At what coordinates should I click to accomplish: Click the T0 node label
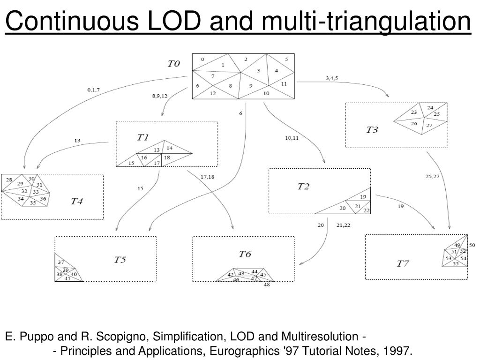coord(174,63)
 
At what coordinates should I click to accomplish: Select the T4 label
coord(77,202)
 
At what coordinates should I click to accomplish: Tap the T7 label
coord(403,263)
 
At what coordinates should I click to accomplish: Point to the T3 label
coord(372,130)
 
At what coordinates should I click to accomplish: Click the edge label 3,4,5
coord(332,78)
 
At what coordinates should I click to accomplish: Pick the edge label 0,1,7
coord(94,90)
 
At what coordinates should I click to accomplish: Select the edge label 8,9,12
coord(159,96)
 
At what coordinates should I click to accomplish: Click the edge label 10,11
coord(291,138)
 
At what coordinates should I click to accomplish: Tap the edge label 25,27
coord(432,176)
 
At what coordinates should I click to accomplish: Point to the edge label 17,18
coord(207,177)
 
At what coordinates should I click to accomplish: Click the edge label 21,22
coord(344,225)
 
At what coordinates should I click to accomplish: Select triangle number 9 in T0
coord(251,86)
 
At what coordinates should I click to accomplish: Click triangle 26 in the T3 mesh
coord(414,124)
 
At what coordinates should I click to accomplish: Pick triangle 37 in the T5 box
coord(61,262)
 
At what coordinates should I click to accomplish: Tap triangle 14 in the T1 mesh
coord(169,148)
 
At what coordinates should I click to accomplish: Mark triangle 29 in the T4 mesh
coord(20,183)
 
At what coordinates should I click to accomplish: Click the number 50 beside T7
coord(472,245)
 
